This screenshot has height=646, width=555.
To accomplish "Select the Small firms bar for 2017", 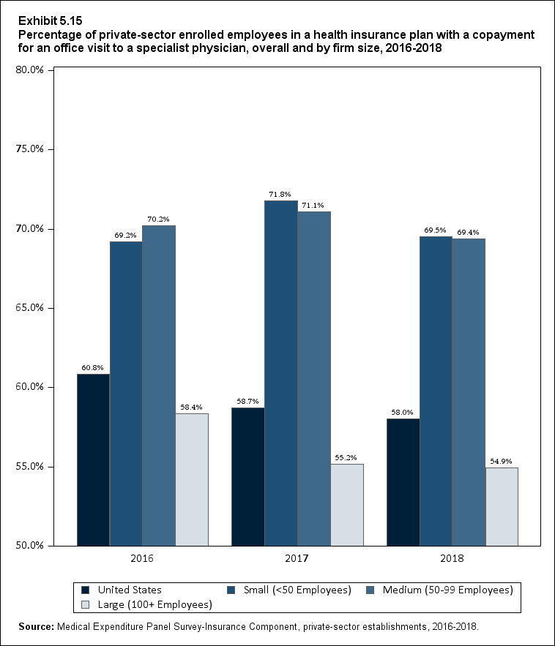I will tap(280, 372).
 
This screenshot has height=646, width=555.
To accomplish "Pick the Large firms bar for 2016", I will tap(192, 479).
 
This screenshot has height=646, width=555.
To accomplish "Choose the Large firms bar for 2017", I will tap(347, 504).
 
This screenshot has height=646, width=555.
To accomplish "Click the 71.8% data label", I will tap(280, 195).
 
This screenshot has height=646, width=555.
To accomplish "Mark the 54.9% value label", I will tap(502, 462).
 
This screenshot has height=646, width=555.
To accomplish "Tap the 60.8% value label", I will tap(93, 368).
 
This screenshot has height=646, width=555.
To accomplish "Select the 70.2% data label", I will tap(159, 219).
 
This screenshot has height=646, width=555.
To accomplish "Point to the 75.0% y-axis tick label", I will tap(30, 149).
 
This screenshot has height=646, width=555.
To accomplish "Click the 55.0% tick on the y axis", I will tap(30, 466).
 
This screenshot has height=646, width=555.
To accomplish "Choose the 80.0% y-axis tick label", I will tap(30, 70).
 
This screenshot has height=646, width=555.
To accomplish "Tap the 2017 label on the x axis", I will tap(297, 559).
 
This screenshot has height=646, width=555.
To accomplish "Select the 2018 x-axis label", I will tap(452, 559).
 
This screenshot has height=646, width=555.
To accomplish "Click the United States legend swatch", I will tap(85, 590).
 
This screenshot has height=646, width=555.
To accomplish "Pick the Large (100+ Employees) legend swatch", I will tap(85, 604).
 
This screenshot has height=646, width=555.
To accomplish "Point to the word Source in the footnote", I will tap(36, 627).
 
